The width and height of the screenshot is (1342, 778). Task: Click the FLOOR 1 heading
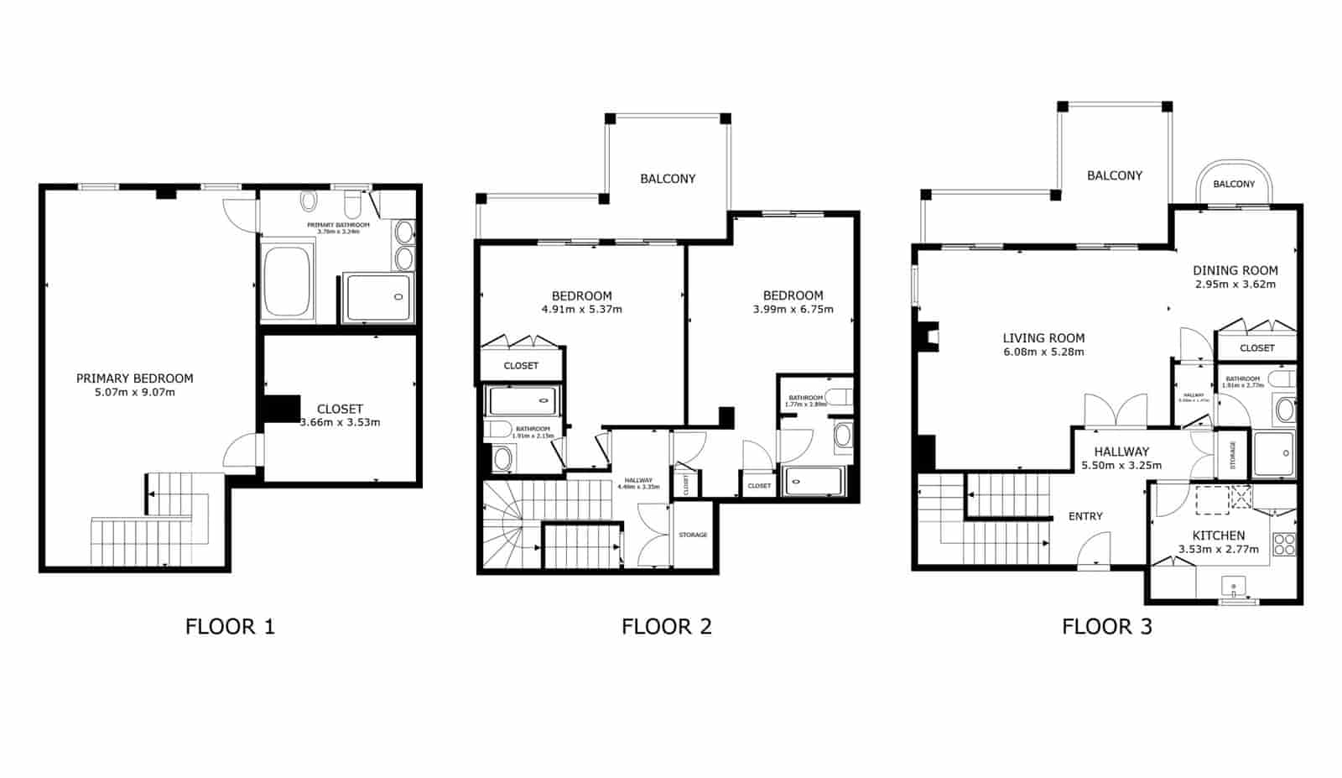point(230,626)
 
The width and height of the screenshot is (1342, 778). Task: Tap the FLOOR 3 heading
point(1106,626)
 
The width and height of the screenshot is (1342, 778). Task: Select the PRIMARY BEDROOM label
point(135,379)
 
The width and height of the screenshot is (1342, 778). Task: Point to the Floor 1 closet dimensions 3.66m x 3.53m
point(340,422)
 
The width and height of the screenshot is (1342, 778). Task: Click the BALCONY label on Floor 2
point(668,179)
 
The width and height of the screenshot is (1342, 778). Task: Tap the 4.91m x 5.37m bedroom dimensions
point(581,310)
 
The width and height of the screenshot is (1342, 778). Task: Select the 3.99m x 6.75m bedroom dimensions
point(793,310)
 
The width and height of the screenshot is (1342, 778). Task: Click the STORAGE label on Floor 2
point(693,535)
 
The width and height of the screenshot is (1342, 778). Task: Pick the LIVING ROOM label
point(1043,338)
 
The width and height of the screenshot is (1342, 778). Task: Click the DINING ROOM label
point(1235,270)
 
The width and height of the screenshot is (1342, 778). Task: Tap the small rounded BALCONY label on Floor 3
point(1234,184)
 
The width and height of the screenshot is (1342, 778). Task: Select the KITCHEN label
point(1219,535)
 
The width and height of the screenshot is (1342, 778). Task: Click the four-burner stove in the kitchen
point(1283,545)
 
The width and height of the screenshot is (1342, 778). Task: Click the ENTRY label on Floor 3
point(1085,516)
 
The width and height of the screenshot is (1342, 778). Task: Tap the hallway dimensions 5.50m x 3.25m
point(1121,465)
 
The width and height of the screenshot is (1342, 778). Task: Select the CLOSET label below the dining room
point(1256,347)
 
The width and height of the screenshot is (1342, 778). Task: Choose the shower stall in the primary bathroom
point(379,297)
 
